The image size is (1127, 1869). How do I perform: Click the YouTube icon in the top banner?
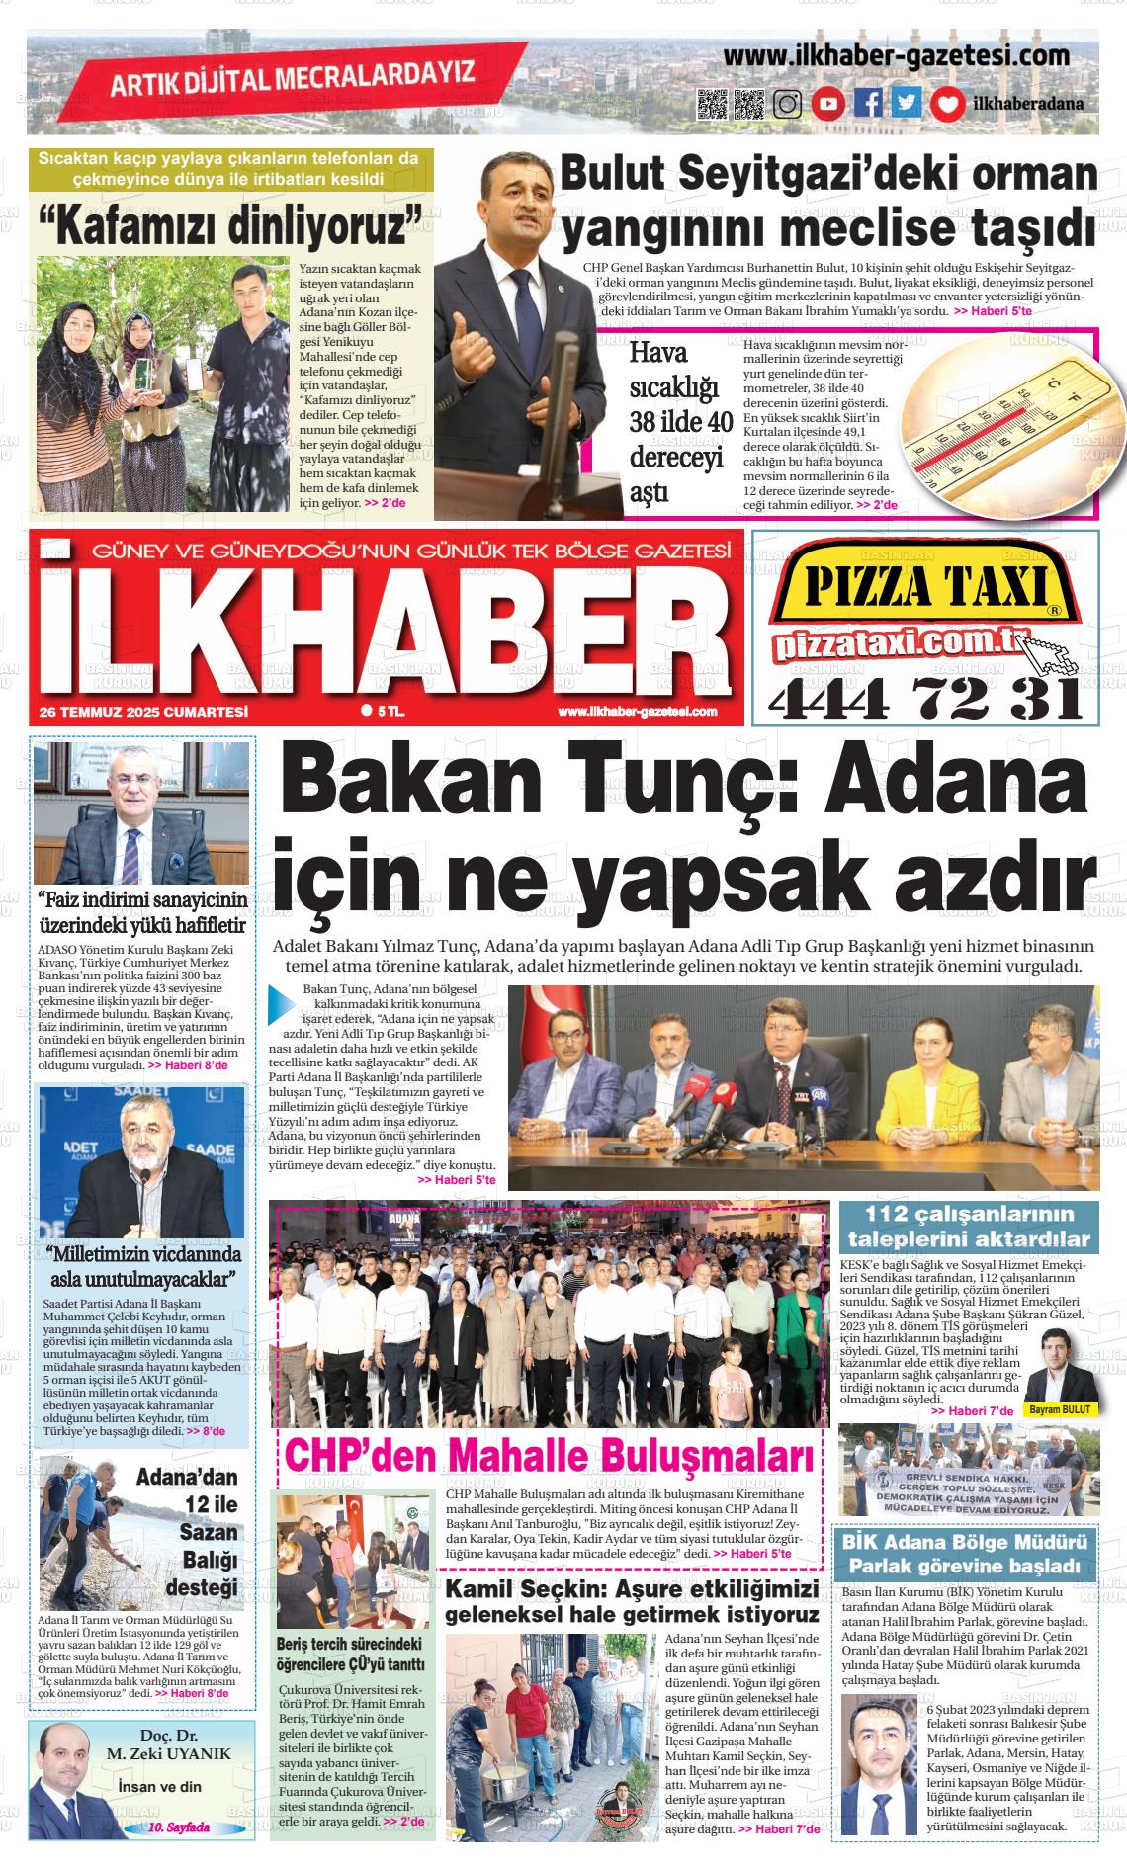[828, 104]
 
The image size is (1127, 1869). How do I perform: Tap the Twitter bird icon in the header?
[907, 103]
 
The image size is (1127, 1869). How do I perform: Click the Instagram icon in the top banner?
[787, 104]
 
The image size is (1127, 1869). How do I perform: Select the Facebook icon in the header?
[869, 103]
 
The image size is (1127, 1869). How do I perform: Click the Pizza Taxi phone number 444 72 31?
[925, 700]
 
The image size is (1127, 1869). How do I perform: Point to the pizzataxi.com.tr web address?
[898, 643]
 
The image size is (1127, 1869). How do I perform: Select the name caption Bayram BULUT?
[1059, 1409]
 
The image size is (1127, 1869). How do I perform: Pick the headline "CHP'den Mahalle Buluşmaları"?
[550, 1458]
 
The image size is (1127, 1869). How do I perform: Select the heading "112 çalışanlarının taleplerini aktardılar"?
[969, 1227]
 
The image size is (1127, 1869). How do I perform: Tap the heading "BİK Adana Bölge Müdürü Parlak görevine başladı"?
[969, 1555]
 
